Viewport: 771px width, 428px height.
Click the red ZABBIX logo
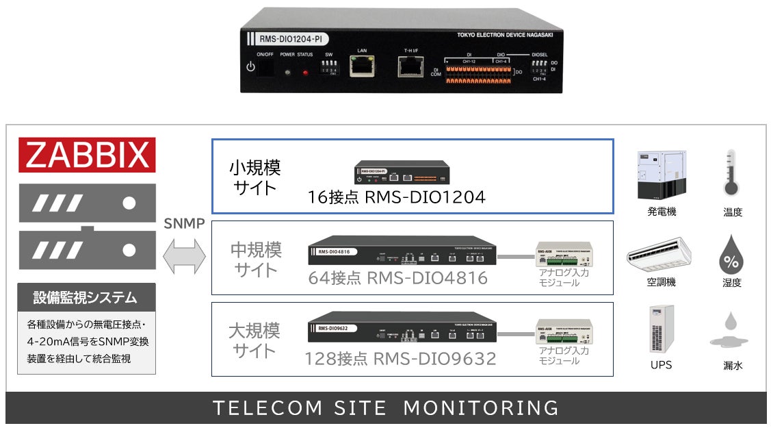87,155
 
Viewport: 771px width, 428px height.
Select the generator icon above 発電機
661,175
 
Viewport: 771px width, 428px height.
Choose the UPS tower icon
661,329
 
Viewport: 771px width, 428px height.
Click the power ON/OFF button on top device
251,67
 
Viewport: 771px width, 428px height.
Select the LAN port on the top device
361,66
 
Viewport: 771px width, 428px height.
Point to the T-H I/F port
410,66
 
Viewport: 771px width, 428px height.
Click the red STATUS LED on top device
305,71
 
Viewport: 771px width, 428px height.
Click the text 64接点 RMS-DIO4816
397,278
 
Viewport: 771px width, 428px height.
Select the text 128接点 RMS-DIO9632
400,359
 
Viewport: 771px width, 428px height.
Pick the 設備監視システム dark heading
86,298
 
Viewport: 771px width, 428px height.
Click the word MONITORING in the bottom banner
480,408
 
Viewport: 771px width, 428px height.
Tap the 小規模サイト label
254,177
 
